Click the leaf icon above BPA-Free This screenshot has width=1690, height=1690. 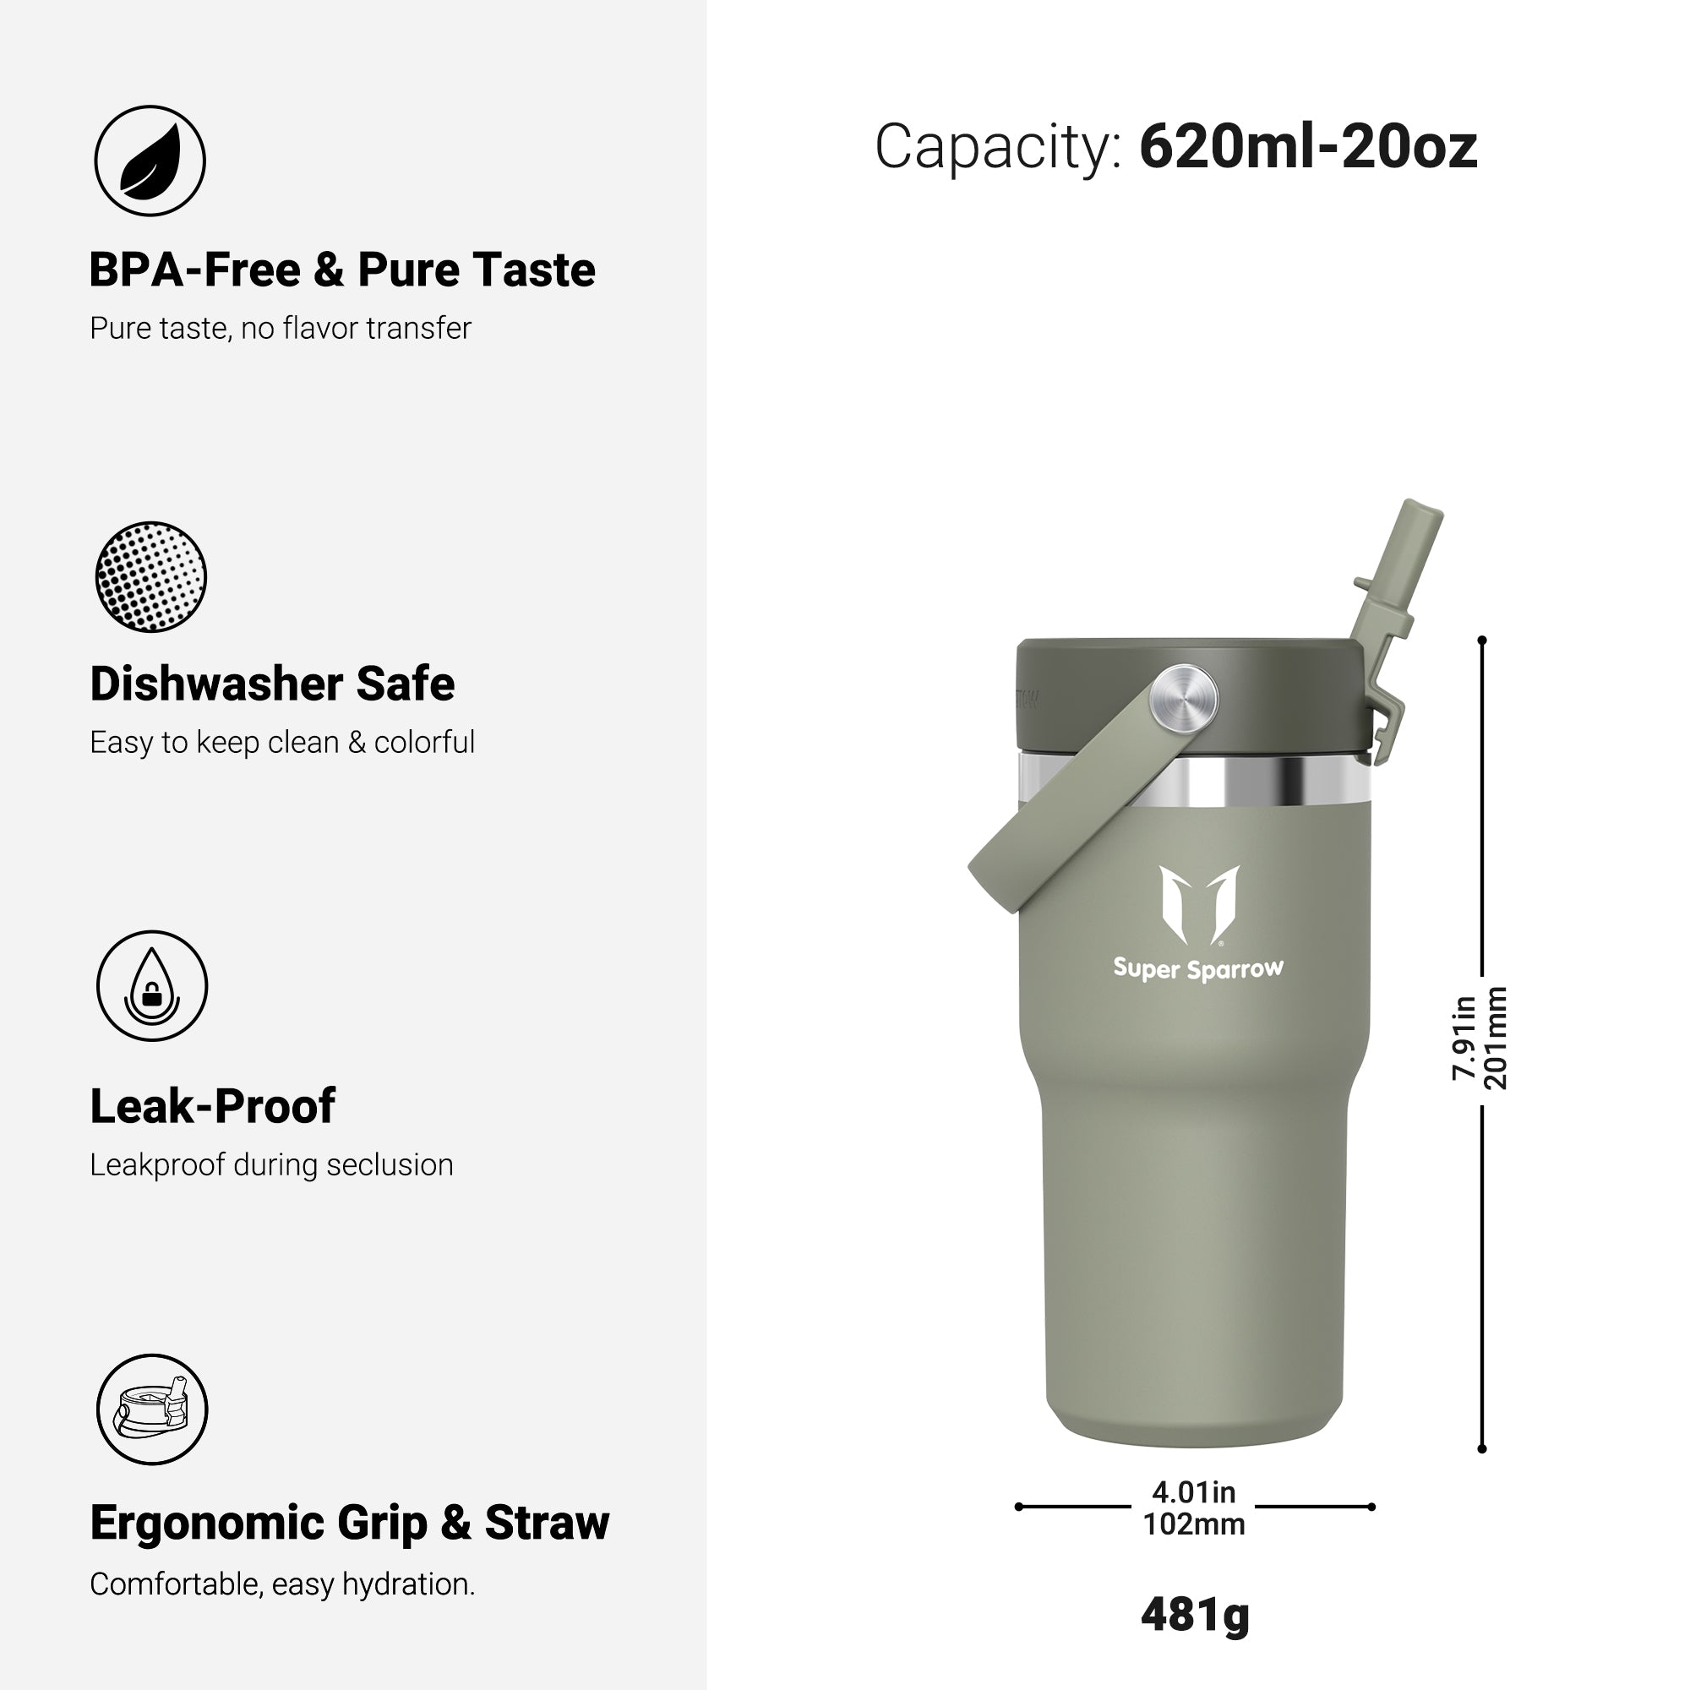tap(150, 161)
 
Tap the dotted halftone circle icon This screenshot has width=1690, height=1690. tap(150, 577)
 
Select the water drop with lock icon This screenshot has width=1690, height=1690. tap(152, 986)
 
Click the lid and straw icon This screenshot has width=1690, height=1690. tap(152, 1409)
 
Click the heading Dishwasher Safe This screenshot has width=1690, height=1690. tap(272, 684)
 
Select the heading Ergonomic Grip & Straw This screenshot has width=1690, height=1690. tap(350, 1523)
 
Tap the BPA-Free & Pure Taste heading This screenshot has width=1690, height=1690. tap(342, 270)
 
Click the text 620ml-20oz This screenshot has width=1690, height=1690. tap(1308, 147)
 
